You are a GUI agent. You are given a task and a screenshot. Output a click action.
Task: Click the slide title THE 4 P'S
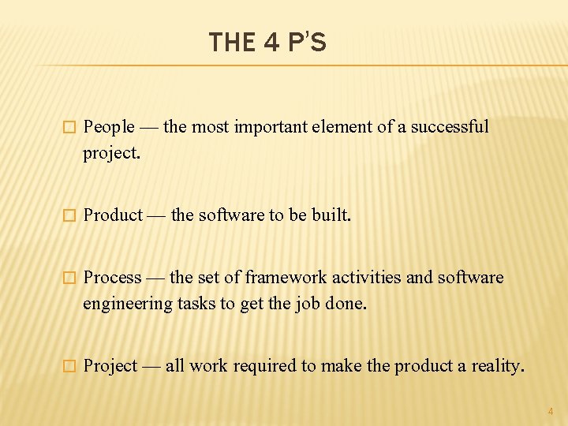point(267,42)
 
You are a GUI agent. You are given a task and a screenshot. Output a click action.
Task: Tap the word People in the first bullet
point(109,127)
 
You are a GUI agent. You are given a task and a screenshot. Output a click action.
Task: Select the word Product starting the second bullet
point(113,215)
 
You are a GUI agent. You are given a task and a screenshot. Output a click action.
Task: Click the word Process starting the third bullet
point(112,278)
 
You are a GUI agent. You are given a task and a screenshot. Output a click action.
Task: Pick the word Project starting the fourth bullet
point(110,366)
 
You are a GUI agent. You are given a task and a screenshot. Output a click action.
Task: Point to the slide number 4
point(551,411)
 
